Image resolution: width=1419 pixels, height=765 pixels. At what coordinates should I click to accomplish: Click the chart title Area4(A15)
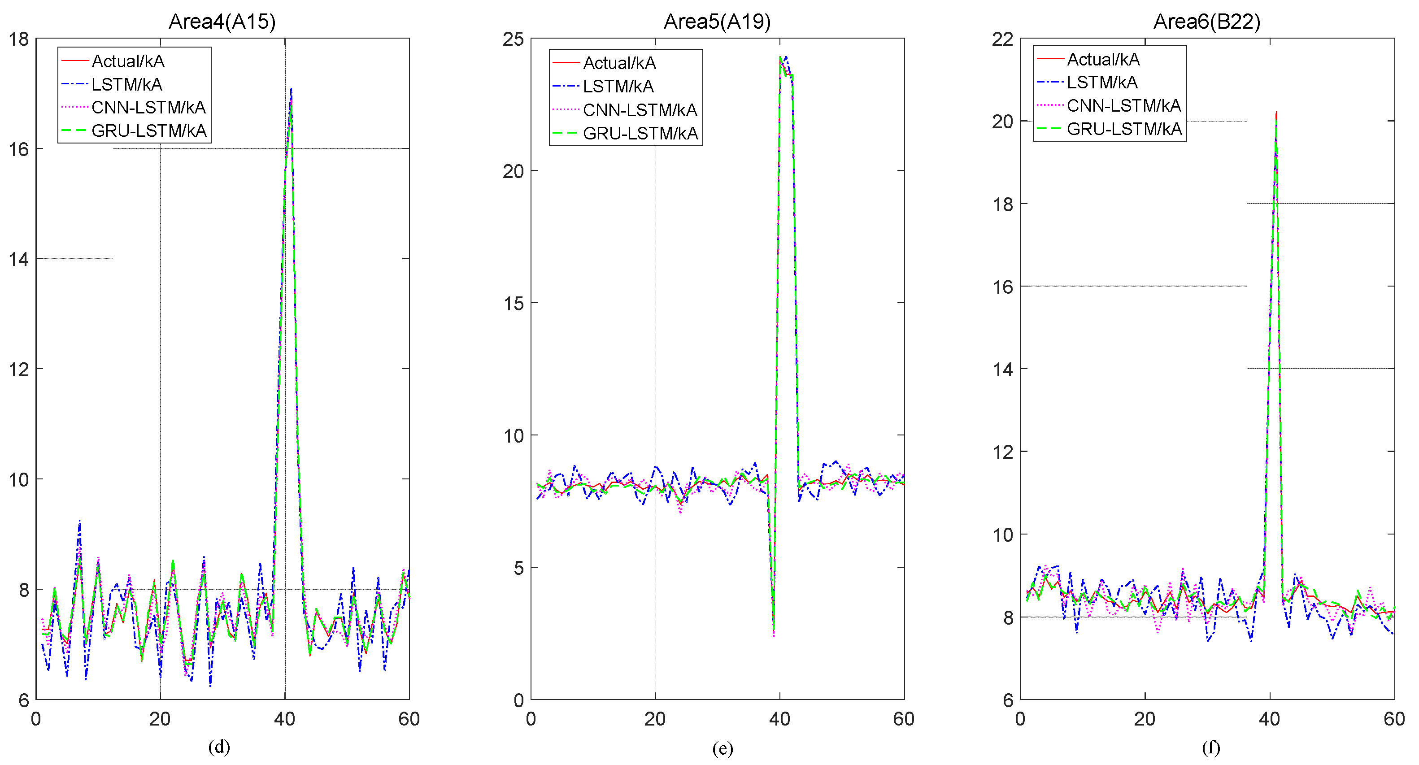tap(222, 22)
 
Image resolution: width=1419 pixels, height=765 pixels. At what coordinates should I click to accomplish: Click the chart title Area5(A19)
tap(717, 22)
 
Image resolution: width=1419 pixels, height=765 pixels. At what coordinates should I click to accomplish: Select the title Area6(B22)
tap(1206, 22)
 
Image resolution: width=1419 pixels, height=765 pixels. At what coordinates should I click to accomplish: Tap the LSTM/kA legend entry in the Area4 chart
tap(126, 84)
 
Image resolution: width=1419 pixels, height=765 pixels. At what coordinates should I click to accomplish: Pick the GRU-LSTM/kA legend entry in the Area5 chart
tap(640, 133)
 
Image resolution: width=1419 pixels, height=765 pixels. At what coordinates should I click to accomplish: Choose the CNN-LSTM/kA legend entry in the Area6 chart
tap(1124, 105)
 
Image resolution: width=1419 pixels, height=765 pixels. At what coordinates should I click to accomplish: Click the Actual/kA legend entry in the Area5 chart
tap(619, 63)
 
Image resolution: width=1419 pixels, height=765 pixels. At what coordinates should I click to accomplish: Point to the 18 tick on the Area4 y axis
tap(19, 39)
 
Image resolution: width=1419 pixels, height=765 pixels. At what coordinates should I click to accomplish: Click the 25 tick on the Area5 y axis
tap(513, 39)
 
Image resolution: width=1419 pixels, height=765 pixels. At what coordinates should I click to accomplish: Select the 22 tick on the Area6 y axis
tap(1002, 39)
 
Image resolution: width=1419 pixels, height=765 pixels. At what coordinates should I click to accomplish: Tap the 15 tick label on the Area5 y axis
tap(513, 303)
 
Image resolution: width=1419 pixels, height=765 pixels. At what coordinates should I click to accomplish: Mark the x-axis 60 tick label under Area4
tap(409, 719)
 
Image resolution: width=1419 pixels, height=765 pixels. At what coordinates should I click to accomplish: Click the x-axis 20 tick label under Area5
tap(655, 719)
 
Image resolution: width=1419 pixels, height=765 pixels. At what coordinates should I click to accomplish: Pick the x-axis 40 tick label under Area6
tap(1269, 719)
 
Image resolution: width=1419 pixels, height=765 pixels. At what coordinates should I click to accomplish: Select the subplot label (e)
tap(722, 748)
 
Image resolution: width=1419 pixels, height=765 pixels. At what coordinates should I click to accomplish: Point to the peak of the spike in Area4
tap(291, 89)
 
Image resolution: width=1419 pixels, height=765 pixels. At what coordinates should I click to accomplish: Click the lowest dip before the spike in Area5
tap(774, 636)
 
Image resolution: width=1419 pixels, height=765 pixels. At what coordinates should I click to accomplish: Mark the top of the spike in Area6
tap(1276, 113)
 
